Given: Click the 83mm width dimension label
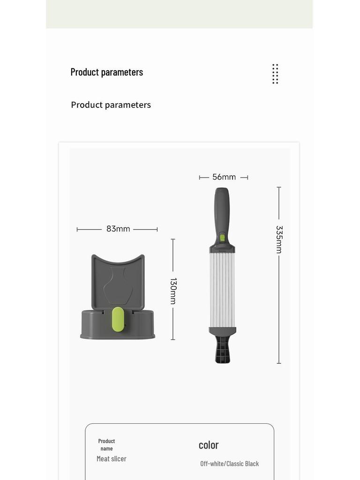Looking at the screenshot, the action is click(118, 229).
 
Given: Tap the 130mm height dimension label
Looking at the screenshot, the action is click(173, 291).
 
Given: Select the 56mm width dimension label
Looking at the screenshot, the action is click(224, 177).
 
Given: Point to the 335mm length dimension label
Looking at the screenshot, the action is click(279, 240).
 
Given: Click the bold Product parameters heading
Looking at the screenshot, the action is click(107, 72).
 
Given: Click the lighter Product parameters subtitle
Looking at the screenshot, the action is click(111, 105).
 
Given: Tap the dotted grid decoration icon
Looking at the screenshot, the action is click(275, 74).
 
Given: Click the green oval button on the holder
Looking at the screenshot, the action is click(118, 319).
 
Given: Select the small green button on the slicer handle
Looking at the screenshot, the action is click(222, 238).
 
